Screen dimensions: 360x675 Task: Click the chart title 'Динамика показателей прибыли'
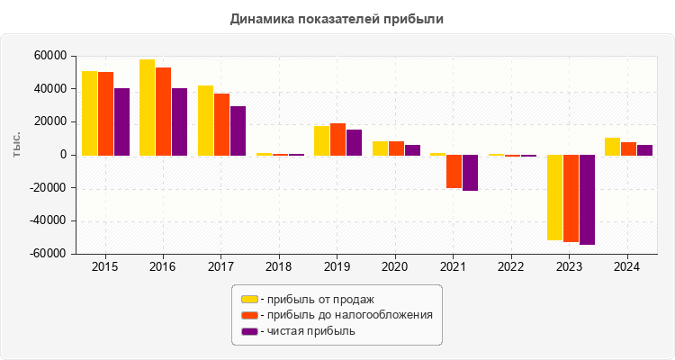[x=337, y=18]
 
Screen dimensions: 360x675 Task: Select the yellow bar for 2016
[x=147, y=107]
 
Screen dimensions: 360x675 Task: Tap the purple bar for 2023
[x=587, y=200]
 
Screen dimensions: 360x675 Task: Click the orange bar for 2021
[x=454, y=172]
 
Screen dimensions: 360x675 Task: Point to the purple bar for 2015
[x=121, y=121]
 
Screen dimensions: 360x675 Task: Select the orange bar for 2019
[x=337, y=139]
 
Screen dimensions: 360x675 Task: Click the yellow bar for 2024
[x=612, y=147]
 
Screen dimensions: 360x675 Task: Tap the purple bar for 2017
[x=238, y=130]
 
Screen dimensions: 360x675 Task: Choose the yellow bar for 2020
[x=380, y=148]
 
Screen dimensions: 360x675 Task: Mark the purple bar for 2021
[x=470, y=173]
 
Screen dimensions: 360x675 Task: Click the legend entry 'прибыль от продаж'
[x=316, y=299]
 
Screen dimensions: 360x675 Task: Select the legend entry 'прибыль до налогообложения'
[x=346, y=315]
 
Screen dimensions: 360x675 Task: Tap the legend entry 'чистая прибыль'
[x=307, y=331]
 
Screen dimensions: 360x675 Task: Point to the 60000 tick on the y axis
[x=50, y=56]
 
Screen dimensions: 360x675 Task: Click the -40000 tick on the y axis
[x=48, y=221]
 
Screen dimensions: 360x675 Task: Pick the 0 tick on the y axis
[x=63, y=155]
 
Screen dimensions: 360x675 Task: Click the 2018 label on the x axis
[x=279, y=267]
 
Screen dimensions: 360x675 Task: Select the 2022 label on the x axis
[x=511, y=267]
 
